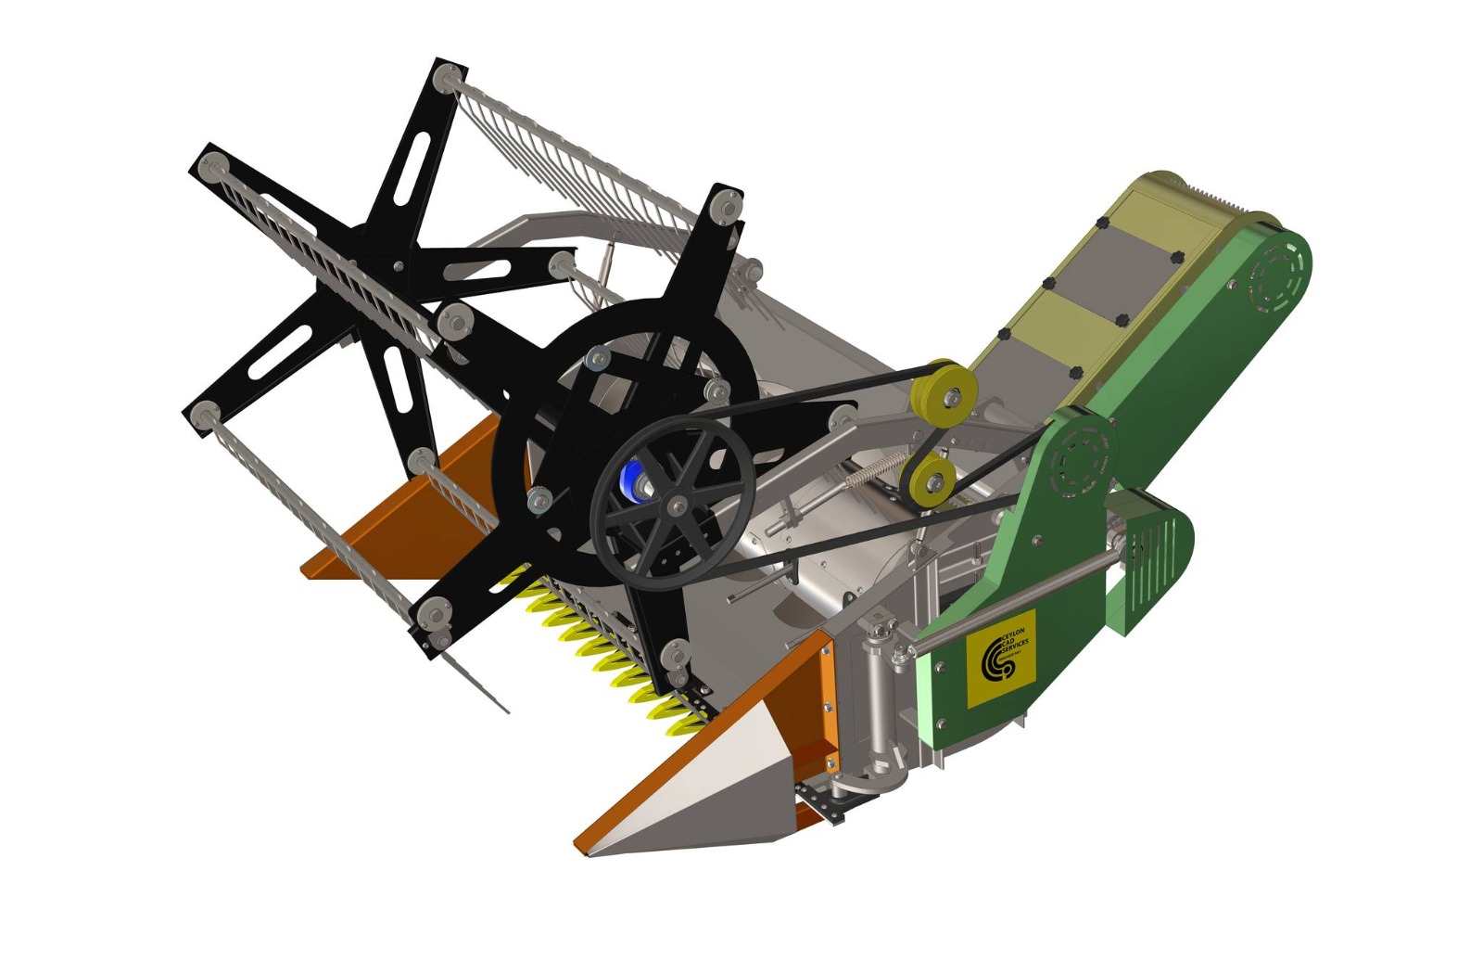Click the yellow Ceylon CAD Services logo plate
tap(1000, 659)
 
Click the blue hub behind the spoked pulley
tap(633, 480)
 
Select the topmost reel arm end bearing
tap(448, 76)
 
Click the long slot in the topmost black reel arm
tap(413, 167)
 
